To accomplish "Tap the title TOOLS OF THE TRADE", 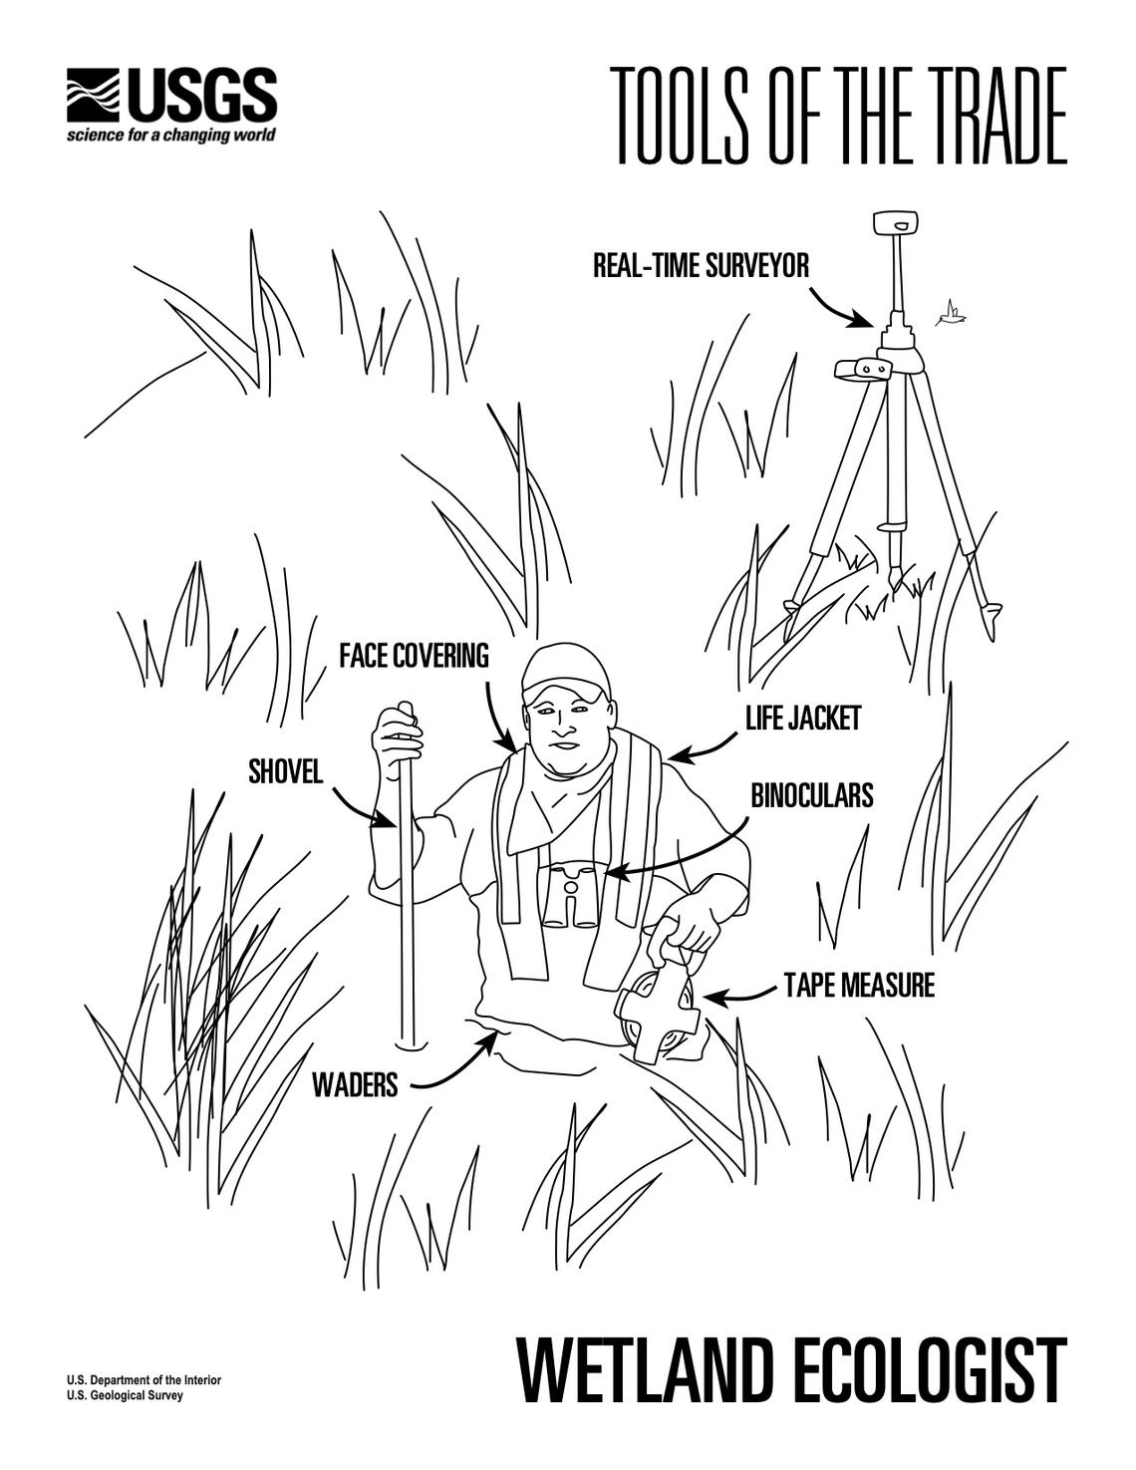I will (x=838, y=116).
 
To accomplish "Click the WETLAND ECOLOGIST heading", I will (x=792, y=1370).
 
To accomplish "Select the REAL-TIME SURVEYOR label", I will (x=701, y=266).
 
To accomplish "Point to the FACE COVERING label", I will (x=414, y=656).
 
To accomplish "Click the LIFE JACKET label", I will (x=802, y=719).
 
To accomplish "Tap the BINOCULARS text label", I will (x=811, y=795).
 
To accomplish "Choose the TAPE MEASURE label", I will (x=859, y=986).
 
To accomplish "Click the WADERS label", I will (x=355, y=1084).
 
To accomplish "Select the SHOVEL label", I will (x=285, y=772).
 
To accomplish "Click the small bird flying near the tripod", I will (x=952, y=315).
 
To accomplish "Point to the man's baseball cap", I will (x=563, y=670).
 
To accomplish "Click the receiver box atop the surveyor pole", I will (x=895, y=222).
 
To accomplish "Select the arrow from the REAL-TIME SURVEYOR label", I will (x=837, y=308).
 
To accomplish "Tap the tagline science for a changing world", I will (x=170, y=136).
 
